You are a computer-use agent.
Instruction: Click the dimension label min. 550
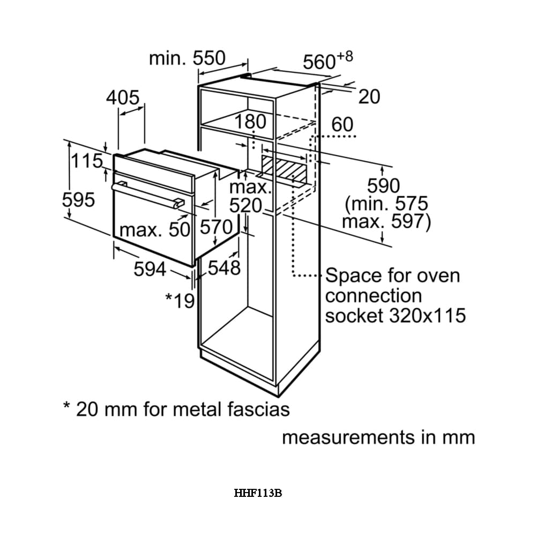pyautogui.click(x=187, y=58)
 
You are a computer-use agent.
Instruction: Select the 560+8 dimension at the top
pyautogui.click(x=327, y=61)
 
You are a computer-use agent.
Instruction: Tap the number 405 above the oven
pyautogui.click(x=123, y=98)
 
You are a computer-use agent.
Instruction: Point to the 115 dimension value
pyautogui.click(x=87, y=160)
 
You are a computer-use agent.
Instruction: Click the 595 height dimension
pyautogui.click(x=78, y=200)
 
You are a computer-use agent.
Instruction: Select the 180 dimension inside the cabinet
pyautogui.click(x=250, y=122)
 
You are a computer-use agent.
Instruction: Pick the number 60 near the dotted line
pyautogui.click(x=343, y=125)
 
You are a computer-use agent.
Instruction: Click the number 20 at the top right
pyautogui.click(x=369, y=96)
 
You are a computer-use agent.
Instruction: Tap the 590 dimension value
pyautogui.click(x=383, y=186)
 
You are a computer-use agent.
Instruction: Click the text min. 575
pyautogui.click(x=387, y=204)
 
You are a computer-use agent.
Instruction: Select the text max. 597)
pyautogui.click(x=386, y=221)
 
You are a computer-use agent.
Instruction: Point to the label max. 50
pyautogui.click(x=154, y=230)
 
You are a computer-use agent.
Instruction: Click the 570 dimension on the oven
pyautogui.click(x=215, y=227)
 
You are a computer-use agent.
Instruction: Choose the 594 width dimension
pyautogui.click(x=150, y=269)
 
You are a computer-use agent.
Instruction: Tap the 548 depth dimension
pyautogui.click(x=225, y=268)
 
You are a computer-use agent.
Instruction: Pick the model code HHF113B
pyautogui.click(x=258, y=493)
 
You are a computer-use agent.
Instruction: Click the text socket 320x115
pyautogui.click(x=395, y=315)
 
